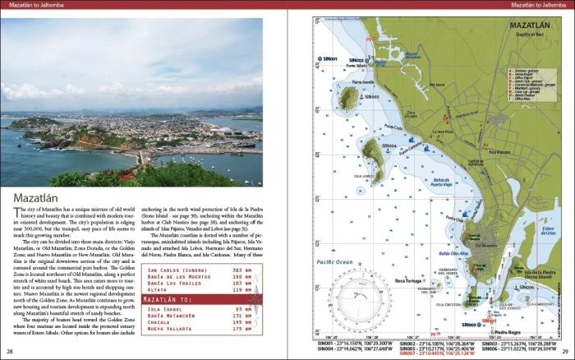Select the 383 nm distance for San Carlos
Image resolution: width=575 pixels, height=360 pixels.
(241, 270)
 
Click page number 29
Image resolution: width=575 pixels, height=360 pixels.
(564, 352)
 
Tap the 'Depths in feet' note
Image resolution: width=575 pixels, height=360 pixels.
(527, 35)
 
